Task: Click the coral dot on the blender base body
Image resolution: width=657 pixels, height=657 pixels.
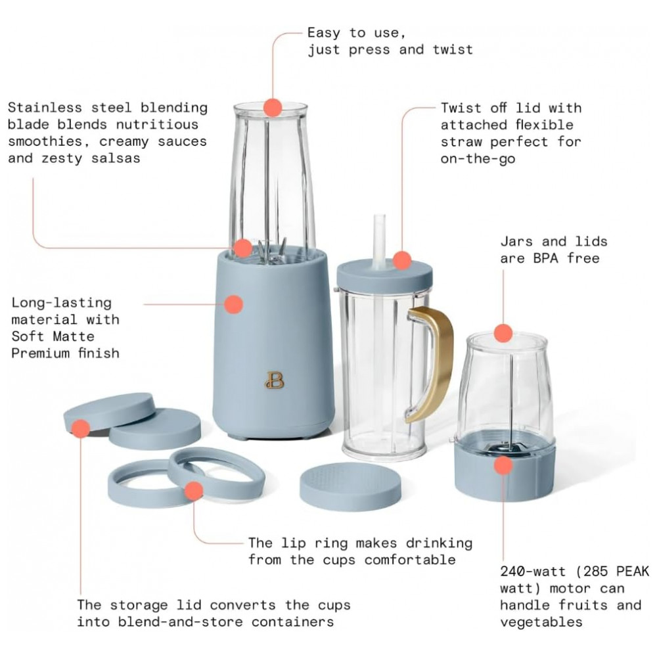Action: point(233,304)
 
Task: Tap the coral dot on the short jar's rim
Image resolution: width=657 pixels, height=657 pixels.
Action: point(503,332)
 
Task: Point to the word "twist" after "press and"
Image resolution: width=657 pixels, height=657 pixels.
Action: point(451,49)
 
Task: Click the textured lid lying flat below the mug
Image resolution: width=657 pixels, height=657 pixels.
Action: point(350,486)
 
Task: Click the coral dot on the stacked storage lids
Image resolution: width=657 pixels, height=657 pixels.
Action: point(81,430)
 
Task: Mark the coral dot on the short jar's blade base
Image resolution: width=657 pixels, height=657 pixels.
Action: point(503,465)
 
